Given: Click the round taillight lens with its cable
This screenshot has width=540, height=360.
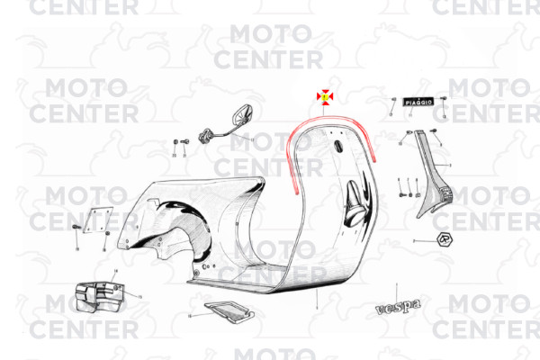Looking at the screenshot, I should (241, 114).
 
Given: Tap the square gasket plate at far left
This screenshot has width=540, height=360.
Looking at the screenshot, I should (94, 217).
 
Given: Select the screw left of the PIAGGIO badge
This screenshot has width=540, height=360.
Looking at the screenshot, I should (393, 100).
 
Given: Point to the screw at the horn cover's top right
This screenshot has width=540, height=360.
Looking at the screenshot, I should (436, 132).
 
